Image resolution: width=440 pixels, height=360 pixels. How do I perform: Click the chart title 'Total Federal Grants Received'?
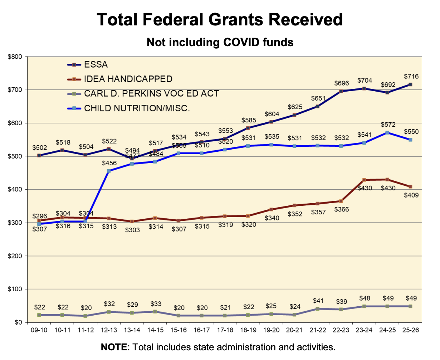click(x=220, y=19)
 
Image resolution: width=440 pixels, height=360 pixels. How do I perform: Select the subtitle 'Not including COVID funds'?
click(x=220, y=42)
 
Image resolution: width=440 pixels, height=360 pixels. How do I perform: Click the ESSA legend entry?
click(x=96, y=65)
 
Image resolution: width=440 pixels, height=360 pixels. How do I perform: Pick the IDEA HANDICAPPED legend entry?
click(x=128, y=79)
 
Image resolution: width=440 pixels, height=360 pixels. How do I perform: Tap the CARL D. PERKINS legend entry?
click(x=151, y=94)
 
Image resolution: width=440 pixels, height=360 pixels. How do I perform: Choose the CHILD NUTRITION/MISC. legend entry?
click(x=137, y=108)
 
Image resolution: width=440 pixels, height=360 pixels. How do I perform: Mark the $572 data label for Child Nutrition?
click(x=388, y=125)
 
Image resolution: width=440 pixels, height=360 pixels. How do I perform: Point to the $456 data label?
click(x=109, y=163)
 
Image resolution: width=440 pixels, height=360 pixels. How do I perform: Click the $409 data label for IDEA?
click(x=411, y=195)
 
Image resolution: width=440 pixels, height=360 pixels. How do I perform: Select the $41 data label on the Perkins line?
click(x=318, y=301)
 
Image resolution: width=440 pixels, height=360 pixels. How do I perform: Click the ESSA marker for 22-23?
click(x=341, y=91)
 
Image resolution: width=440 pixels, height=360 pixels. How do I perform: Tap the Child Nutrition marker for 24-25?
click(x=387, y=132)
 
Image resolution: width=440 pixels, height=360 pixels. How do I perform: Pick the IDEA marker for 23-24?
click(x=364, y=180)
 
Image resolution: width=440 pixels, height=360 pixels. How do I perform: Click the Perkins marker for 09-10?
click(x=39, y=315)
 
